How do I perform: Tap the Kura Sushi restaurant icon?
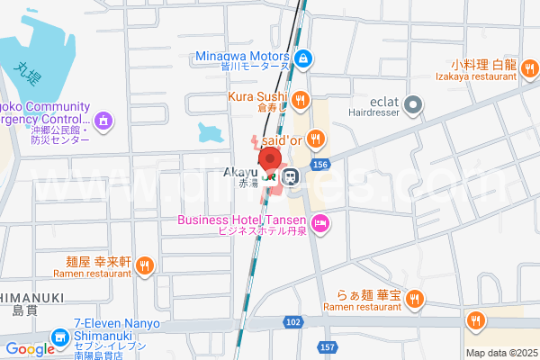(x=301, y=100)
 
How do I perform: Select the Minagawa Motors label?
(x=243, y=55)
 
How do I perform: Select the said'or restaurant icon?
(x=315, y=139)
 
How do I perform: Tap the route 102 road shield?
(x=292, y=321)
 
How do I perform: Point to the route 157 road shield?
(x=327, y=346)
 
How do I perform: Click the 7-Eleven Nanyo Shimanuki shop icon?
(x=61, y=337)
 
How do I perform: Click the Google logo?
(x=30, y=349)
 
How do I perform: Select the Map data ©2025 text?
(x=500, y=353)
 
